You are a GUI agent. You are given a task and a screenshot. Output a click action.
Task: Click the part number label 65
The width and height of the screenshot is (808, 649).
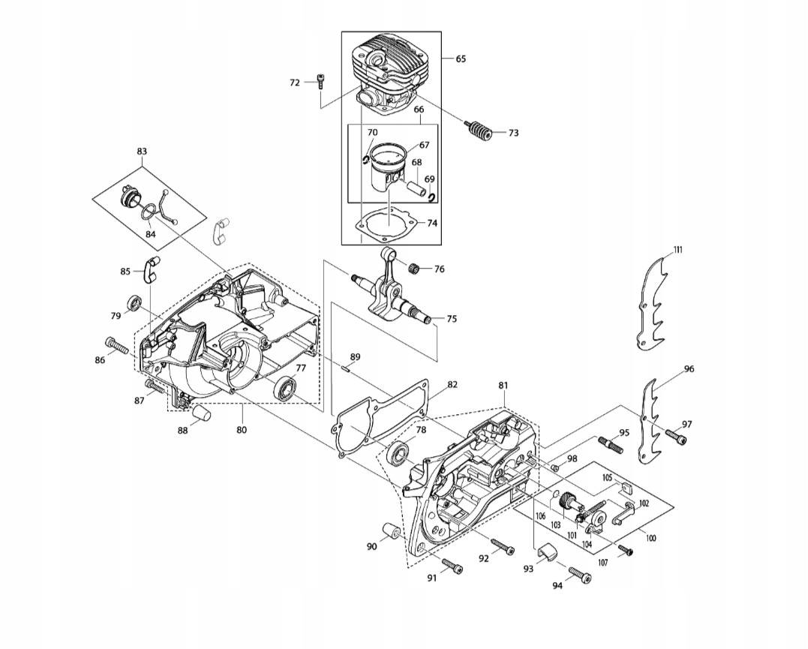460,59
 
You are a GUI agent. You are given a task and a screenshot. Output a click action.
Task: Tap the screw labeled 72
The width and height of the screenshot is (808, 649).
320,82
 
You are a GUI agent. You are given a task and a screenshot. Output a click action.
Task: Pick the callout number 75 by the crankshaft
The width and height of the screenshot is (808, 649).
451,319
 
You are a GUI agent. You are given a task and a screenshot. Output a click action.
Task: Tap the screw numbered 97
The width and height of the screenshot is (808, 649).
674,434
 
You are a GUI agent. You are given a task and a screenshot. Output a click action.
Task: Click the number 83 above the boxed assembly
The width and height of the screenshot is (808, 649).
142,152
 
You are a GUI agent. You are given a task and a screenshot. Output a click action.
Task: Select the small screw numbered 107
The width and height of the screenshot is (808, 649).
626,551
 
